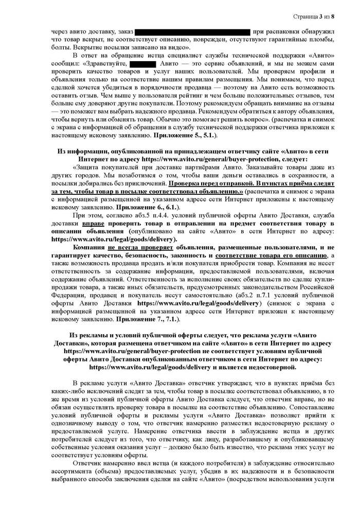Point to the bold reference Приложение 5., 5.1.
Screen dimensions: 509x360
187,135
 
